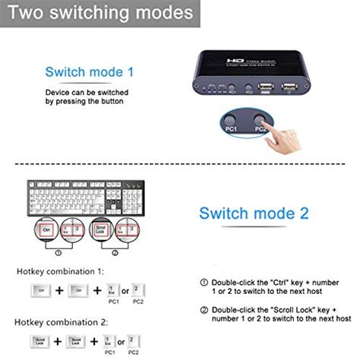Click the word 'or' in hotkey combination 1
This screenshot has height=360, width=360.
(x=127, y=290)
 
